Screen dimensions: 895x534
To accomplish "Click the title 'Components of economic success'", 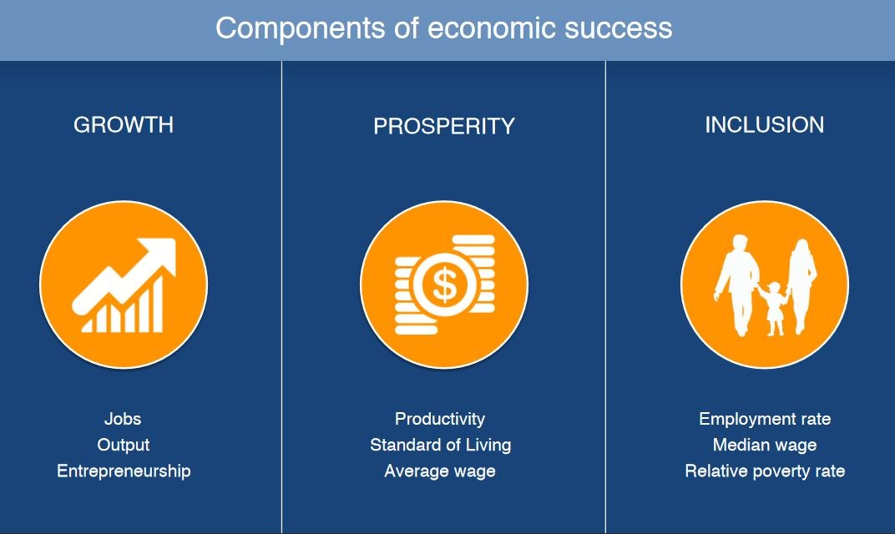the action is click(443, 28).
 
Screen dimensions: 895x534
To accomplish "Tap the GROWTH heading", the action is click(124, 125).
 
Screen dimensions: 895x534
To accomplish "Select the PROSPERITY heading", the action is click(444, 126).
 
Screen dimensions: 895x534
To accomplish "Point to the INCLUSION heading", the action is click(764, 125).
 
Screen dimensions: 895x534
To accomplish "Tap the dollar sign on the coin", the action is click(445, 285).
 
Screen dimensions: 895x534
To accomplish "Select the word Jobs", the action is click(123, 419).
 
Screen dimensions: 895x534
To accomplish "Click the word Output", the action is click(124, 445).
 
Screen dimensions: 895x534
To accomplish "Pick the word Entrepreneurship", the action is click(124, 471).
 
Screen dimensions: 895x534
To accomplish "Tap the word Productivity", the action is click(440, 419).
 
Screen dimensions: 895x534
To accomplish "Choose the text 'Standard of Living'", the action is click(441, 445).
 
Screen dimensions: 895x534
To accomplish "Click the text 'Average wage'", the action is click(440, 471).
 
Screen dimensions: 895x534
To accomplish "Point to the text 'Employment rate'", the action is click(765, 419).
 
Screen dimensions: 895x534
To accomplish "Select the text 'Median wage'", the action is click(765, 445).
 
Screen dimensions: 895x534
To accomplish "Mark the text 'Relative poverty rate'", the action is click(765, 471).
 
